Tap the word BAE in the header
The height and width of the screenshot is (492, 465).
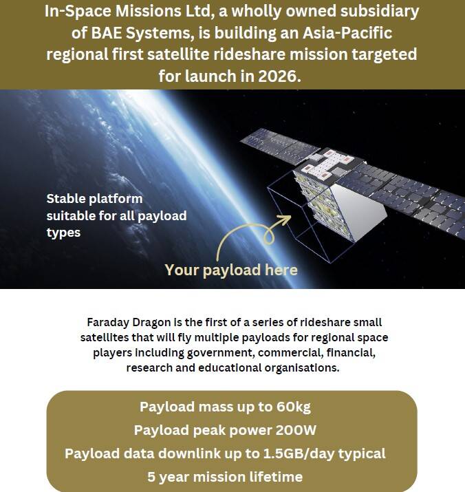click(106, 33)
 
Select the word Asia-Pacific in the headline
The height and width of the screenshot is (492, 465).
click(347, 33)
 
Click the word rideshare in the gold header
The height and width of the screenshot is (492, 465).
click(250, 54)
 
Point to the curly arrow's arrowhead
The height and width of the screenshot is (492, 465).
click(284, 219)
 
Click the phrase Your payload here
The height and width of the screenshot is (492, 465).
click(231, 270)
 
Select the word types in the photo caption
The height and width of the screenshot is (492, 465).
click(63, 233)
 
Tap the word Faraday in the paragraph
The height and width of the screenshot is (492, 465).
click(108, 323)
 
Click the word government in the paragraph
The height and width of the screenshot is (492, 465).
click(221, 353)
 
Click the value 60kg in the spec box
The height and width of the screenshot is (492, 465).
click(294, 407)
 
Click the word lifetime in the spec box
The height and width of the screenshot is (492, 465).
click(276, 477)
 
